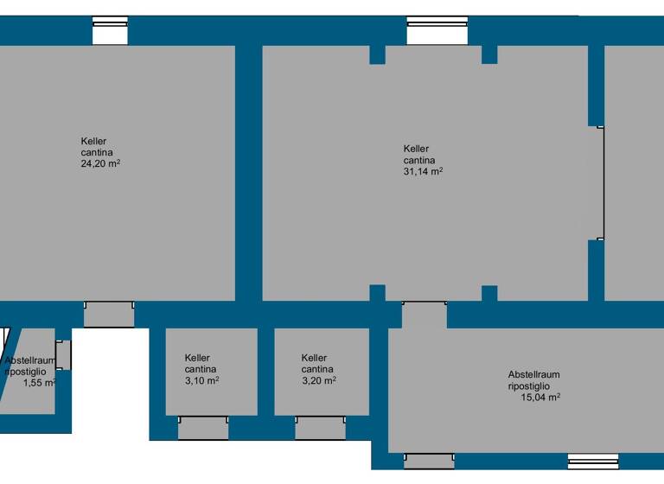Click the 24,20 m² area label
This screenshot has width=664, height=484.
pos(100,163)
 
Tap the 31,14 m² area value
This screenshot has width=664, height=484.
pos(423,171)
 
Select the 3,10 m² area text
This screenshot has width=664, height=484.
pos(201,380)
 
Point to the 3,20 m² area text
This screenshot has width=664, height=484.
pos(318,380)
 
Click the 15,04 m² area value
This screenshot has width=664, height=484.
pos(540,398)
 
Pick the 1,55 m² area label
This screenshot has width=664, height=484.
pos(40,382)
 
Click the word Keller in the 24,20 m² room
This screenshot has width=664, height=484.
pos(93,142)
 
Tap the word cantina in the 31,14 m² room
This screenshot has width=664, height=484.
pos(418,160)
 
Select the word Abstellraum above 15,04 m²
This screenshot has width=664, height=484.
pos(533,374)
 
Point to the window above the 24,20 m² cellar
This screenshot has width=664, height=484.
pos(110,30)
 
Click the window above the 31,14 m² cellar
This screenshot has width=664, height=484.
pos(437,30)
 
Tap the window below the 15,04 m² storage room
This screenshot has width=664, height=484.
pos(593,461)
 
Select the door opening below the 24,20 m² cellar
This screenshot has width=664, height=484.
pos(109,314)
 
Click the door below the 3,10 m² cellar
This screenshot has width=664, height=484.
pos(203,427)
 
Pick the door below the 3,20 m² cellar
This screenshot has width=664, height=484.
pos(320,427)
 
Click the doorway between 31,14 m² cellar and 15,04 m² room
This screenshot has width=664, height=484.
pos(425,315)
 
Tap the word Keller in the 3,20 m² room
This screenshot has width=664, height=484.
pos(314,358)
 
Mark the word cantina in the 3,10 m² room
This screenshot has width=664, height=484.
pos(200,369)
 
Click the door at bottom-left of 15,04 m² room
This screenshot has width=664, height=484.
pos(429,461)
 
